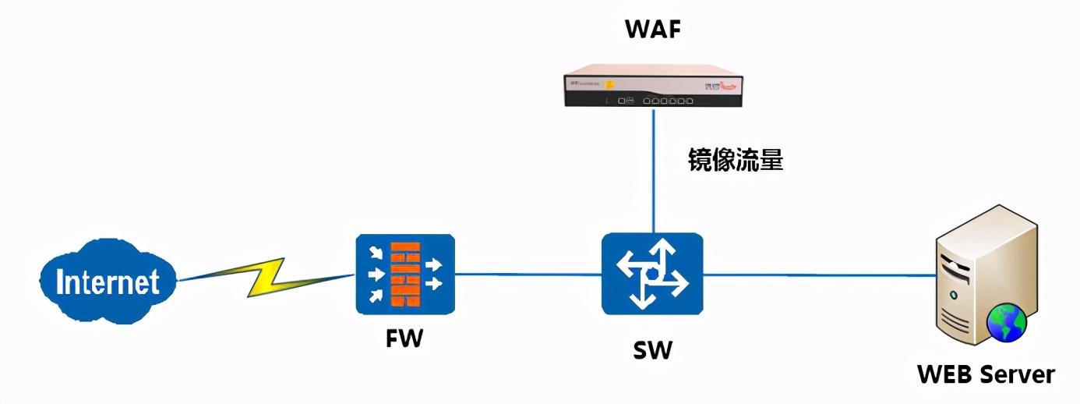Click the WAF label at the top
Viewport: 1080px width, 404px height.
pos(652,30)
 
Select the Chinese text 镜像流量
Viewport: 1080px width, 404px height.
pos(734,160)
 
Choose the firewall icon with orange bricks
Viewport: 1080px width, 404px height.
pos(405,274)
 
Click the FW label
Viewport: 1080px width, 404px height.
pos(404,340)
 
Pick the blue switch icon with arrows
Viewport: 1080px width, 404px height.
pos(652,274)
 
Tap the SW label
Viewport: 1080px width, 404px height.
pos(652,350)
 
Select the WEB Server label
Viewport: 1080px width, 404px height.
pos(986,374)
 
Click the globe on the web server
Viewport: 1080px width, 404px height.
pos(1006,324)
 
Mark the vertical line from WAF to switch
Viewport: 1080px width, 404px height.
pos(653,172)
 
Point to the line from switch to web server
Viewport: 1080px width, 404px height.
pos(818,275)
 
